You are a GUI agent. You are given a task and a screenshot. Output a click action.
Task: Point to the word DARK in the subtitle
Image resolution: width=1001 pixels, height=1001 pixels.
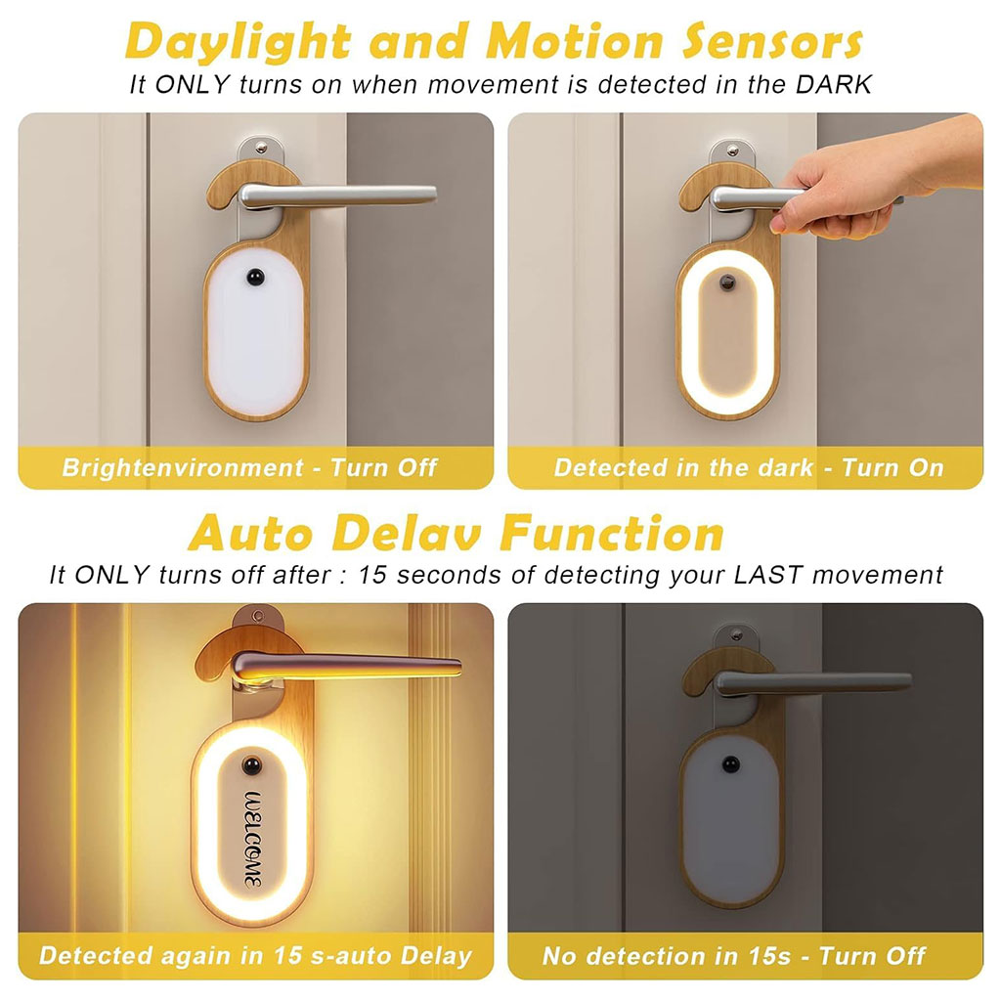(x=833, y=84)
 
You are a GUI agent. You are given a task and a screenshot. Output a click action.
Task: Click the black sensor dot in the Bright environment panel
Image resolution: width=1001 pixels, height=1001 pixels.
(x=255, y=278)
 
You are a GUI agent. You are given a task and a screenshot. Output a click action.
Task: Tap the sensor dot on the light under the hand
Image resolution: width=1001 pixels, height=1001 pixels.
(x=727, y=283)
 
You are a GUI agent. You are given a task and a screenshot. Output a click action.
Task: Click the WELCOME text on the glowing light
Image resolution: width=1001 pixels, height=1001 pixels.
(x=253, y=840)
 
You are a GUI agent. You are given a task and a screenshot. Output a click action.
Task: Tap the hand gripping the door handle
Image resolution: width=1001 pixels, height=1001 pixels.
(x=875, y=176)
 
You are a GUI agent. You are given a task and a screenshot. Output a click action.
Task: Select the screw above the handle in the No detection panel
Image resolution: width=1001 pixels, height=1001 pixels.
(x=737, y=634)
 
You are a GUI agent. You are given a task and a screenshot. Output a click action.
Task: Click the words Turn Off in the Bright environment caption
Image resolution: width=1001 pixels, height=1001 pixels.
(x=383, y=468)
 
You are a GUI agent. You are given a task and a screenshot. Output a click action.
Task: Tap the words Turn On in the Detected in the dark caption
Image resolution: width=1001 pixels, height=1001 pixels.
(x=892, y=468)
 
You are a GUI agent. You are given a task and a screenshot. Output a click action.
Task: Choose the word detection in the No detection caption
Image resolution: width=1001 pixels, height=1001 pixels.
(x=649, y=956)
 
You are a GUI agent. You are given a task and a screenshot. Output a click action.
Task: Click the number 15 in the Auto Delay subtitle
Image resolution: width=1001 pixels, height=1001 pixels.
(x=372, y=575)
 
